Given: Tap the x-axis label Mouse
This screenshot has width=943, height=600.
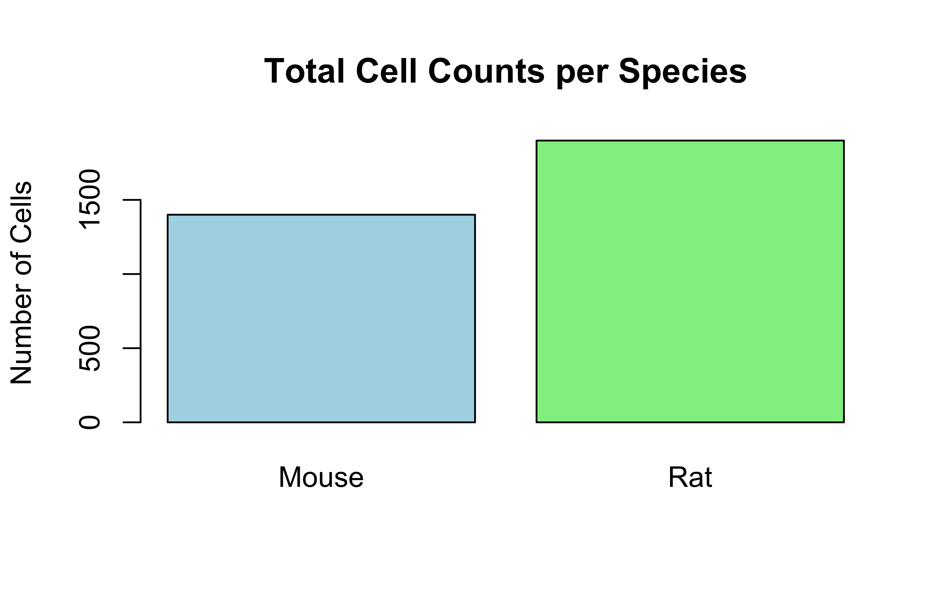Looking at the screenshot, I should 321,477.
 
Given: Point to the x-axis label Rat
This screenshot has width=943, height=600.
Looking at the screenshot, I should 690,477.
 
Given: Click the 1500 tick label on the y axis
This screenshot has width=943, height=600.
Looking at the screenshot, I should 90,199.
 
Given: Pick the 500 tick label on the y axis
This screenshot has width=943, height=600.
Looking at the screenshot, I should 90,348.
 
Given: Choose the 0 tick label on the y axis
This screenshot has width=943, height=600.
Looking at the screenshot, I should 90,423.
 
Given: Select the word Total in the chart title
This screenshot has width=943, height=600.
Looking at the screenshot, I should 304,72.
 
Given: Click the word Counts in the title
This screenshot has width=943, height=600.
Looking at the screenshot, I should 486,72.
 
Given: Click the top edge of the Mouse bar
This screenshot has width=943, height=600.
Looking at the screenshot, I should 321,215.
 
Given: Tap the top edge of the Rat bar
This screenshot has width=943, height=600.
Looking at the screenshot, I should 690,140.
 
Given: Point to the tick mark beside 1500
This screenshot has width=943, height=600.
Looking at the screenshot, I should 132,200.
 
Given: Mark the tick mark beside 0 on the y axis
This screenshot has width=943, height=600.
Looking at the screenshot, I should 132,422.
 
